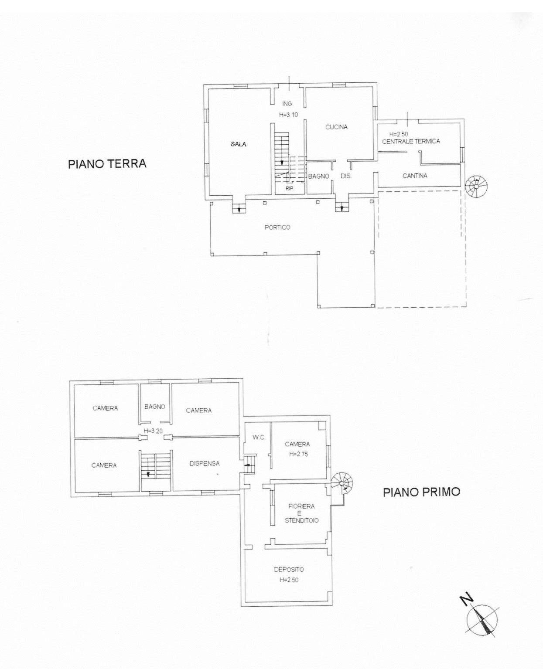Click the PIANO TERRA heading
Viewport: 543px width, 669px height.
coord(107,164)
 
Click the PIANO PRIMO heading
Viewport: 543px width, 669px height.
coord(422,492)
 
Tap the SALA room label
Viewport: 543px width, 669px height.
coord(239,144)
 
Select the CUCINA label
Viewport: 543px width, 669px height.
coord(336,127)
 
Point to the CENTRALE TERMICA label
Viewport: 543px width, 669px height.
coord(411,141)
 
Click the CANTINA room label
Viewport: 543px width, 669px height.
coord(415,176)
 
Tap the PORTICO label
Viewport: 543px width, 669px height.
coord(277,227)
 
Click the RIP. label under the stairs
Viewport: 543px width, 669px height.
coord(290,189)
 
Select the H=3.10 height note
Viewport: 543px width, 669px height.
coord(288,115)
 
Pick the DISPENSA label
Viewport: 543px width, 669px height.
coord(205,464)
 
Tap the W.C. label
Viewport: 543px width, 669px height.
coord(259,438)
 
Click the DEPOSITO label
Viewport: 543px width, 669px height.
coord(289,570)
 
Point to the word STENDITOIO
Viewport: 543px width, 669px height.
coord(302,520)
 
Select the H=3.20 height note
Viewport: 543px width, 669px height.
coord(154,431)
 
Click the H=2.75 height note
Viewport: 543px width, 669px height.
coord(298,454)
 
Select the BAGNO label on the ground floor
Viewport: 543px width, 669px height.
coord(319,177)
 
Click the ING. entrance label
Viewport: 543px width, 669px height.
coord(287,104)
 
